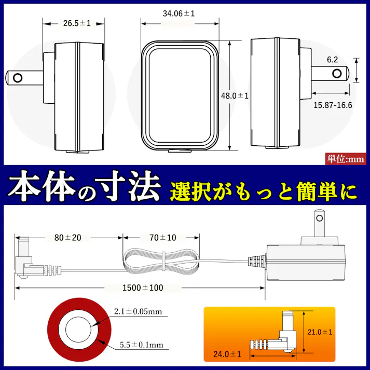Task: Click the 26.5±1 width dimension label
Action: pos(77,23)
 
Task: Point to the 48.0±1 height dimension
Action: pos(235,96)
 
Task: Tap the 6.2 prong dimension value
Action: pos(332,60)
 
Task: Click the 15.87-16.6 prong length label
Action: pos(333,105)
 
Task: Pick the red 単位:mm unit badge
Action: pos(346,159)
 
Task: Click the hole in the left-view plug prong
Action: pos(18,78)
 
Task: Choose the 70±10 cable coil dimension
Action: pos(161,238)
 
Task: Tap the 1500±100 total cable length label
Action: pos(140,287)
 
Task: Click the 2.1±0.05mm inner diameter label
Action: pos(139,311)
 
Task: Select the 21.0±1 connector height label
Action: pos(320,332)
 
